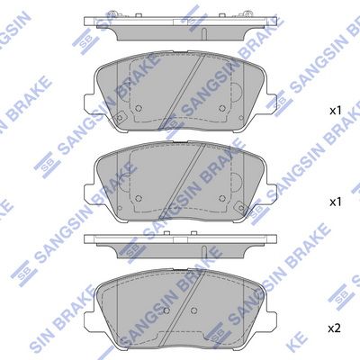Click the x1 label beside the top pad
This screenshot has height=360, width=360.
[336, 111]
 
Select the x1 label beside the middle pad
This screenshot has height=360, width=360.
[336, 202]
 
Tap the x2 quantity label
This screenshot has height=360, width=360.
[335, 328]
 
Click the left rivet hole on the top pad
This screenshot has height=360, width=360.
[139, 108]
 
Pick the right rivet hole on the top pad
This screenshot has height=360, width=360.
[222, 108]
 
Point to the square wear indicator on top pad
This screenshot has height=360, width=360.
[119, 118]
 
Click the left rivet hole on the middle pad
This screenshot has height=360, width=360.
[139, 198]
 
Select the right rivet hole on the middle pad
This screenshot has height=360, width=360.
[222, 198]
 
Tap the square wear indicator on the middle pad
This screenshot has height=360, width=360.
[241, 207]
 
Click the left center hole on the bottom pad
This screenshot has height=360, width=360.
[166, 310]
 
